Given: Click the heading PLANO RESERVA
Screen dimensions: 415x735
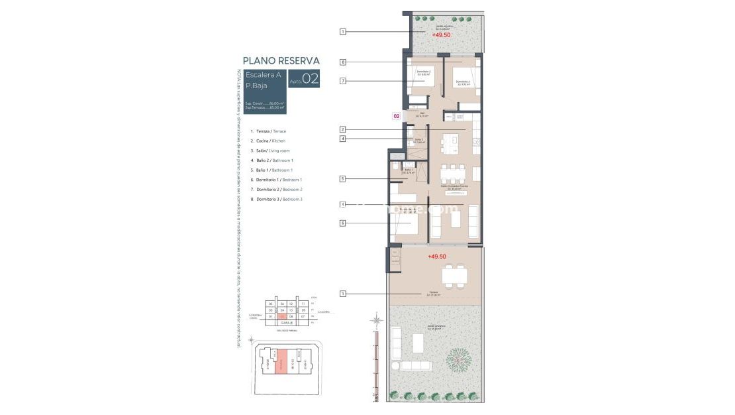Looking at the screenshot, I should [281, 60].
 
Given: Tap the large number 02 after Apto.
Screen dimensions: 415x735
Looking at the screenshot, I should [310, 80].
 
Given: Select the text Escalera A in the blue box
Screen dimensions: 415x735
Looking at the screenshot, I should [263, 75].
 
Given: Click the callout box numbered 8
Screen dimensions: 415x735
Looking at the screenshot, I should [343, 62].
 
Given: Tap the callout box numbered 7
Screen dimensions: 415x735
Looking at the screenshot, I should [343, 81].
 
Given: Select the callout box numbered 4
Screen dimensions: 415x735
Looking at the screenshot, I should [343, 139].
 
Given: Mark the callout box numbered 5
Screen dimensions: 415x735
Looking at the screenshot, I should [343, 178].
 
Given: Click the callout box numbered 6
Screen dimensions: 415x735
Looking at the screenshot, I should [343, 223].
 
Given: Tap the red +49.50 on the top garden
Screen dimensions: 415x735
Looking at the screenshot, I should [441, 35].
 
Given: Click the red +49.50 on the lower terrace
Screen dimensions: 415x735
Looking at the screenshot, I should [437, 256].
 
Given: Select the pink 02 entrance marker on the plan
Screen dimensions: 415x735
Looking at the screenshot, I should [397, 116].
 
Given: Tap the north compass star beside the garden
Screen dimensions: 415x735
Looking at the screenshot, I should [377, 322].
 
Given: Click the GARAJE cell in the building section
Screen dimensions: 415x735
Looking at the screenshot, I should [287, 323].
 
